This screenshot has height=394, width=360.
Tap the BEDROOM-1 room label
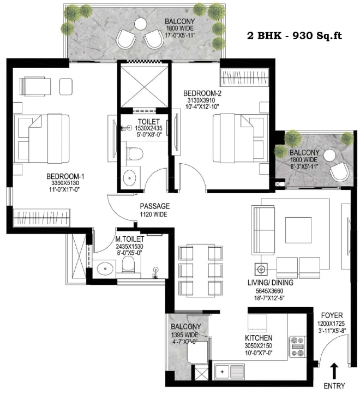point(65,176)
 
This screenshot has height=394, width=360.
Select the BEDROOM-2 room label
point(202,93)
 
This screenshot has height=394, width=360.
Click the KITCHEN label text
point(259,338)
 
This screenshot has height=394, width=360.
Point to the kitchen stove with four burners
point(297,347)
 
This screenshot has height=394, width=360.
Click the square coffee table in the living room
point(298,230)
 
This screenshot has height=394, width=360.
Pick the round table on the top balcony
point(140,24)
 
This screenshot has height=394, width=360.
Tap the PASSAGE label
point(155,206)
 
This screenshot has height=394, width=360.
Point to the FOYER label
point(332,315)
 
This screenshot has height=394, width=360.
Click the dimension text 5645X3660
point(269,291)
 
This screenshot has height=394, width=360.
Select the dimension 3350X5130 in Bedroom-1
point(65,183)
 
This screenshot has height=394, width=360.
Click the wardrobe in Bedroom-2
point(244,76)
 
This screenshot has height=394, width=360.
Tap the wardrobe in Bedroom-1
point(41,217)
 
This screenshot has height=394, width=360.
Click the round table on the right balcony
point(329,156)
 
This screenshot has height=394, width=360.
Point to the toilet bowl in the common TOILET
point(135,154)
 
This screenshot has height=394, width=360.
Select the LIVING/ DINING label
point(271,283)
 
